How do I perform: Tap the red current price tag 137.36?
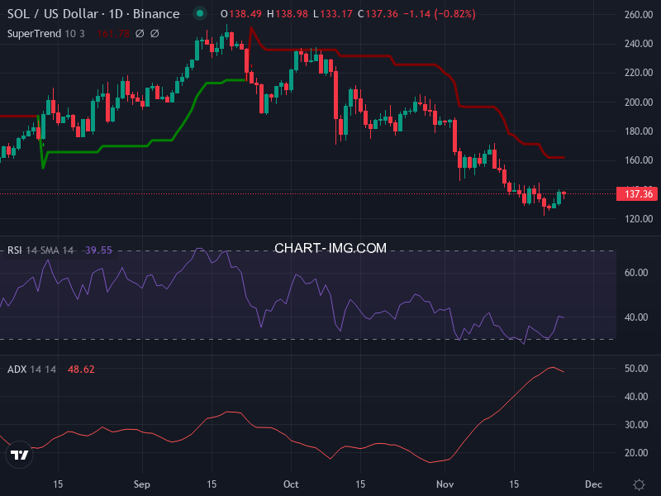(x=636, y=193)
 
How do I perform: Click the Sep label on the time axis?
(x=142, y=483)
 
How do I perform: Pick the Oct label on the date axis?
(x=290, y=483)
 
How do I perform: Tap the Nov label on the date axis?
(x=446, y=483)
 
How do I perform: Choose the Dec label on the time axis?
(x=592, y=483)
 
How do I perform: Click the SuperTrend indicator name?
(x=35, y=33)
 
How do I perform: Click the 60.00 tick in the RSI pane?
(x=636, y=273)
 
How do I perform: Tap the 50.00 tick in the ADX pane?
(x=636, y=369)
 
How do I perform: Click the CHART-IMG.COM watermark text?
(x=330, y=248)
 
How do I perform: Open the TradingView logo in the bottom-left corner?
(x=18, y=454)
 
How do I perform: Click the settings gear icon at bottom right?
(x=638, y=484)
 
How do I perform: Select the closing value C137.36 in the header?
(x=360, y=14)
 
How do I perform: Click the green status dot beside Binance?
(x=199, y=14)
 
